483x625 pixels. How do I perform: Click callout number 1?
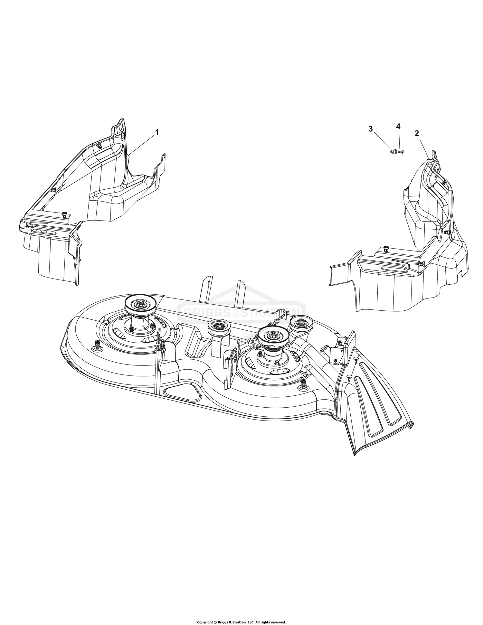[157, 132]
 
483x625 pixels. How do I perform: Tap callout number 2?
[417, 133]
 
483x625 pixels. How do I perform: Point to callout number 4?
[398, 127]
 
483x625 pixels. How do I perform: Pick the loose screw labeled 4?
[401, 151]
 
